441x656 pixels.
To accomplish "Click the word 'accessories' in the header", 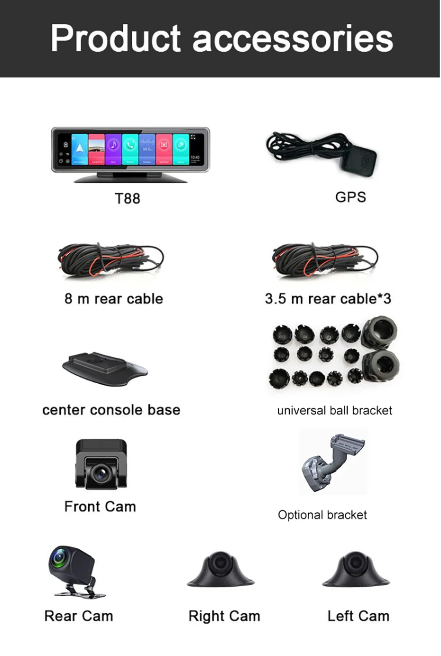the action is (x=293, y=39).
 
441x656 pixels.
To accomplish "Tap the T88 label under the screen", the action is (x=128, y=198).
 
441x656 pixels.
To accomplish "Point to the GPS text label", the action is (x=350, y=197).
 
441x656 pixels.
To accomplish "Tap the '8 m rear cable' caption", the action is (x=114, y=299).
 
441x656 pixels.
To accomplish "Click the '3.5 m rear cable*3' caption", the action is (x=328, y=299).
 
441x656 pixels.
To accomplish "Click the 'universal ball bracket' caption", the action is (x=334, y=410).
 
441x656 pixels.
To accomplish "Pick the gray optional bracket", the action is (x=332, y=462).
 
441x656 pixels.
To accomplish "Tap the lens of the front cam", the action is (x=101, y=472).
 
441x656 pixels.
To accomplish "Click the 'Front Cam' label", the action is (x=100, y=507).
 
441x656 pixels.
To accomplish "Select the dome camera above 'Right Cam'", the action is (x=220, y=569).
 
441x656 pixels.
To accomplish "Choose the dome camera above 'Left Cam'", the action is (x=356, y=569).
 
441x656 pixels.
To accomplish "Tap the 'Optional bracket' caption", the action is (x=322, y=515).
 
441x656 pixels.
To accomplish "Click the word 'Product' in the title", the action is (x=116, y=39).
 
